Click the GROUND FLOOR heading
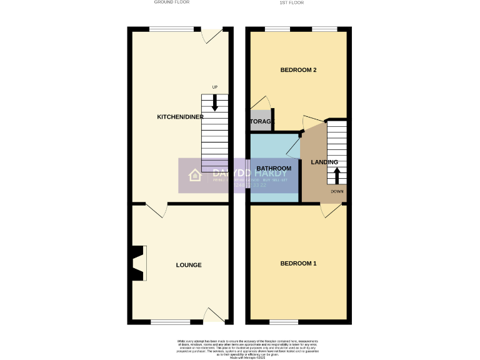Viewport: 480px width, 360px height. [172, 2]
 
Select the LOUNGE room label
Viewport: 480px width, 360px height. [188, 265]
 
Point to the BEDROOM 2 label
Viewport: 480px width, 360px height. [297, 70]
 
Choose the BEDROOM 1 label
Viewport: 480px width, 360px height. [297, 264]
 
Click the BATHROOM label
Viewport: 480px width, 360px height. [274, 169]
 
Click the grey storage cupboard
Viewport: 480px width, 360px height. [261, 122]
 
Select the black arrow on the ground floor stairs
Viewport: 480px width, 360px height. [215, 103]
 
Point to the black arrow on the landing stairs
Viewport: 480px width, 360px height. [337, 176]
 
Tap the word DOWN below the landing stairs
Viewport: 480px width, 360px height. [337, 191]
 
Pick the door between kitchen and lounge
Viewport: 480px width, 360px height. [157, 211]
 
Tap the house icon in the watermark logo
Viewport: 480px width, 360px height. [195, 176]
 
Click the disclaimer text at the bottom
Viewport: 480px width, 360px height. [240, 348]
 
